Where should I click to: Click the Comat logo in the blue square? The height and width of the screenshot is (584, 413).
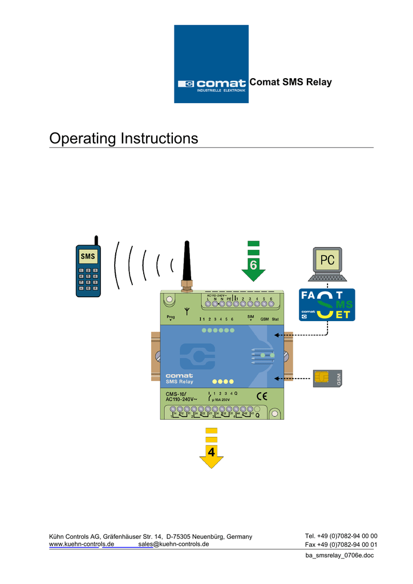tap(211, 84)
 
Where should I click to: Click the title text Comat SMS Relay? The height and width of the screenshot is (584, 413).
tap(291, 82)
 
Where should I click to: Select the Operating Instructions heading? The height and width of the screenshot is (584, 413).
tap(124, 139)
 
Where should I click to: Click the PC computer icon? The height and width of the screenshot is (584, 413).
tap(327, 265)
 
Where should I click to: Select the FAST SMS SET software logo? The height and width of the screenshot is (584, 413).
tap(327, 305)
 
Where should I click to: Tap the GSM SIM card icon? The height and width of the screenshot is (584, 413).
tap(327, 378)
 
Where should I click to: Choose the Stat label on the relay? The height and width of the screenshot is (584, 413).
tap(276, 319)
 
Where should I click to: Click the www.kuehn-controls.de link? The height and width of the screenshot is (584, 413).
tap(82, 544)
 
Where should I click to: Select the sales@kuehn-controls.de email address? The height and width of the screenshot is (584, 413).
tap(173, 544)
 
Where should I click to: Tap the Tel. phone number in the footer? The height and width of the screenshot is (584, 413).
tap(341, 536)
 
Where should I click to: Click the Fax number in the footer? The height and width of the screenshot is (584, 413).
tap(341, 544)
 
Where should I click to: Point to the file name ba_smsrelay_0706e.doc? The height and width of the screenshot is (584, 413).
tap(339, 555)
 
